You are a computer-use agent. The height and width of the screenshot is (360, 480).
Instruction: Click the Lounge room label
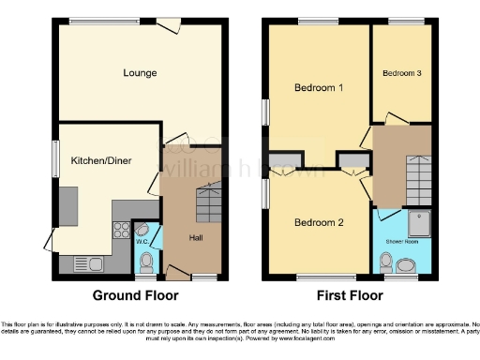click(x=139, y=72)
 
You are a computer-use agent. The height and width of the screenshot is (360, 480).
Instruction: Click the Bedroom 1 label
click(x=319, y=88)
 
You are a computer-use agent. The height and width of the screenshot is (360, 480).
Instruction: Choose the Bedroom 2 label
click(x=319, y=222)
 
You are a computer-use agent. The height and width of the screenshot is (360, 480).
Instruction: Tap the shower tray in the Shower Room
click(x=412, y=222)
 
